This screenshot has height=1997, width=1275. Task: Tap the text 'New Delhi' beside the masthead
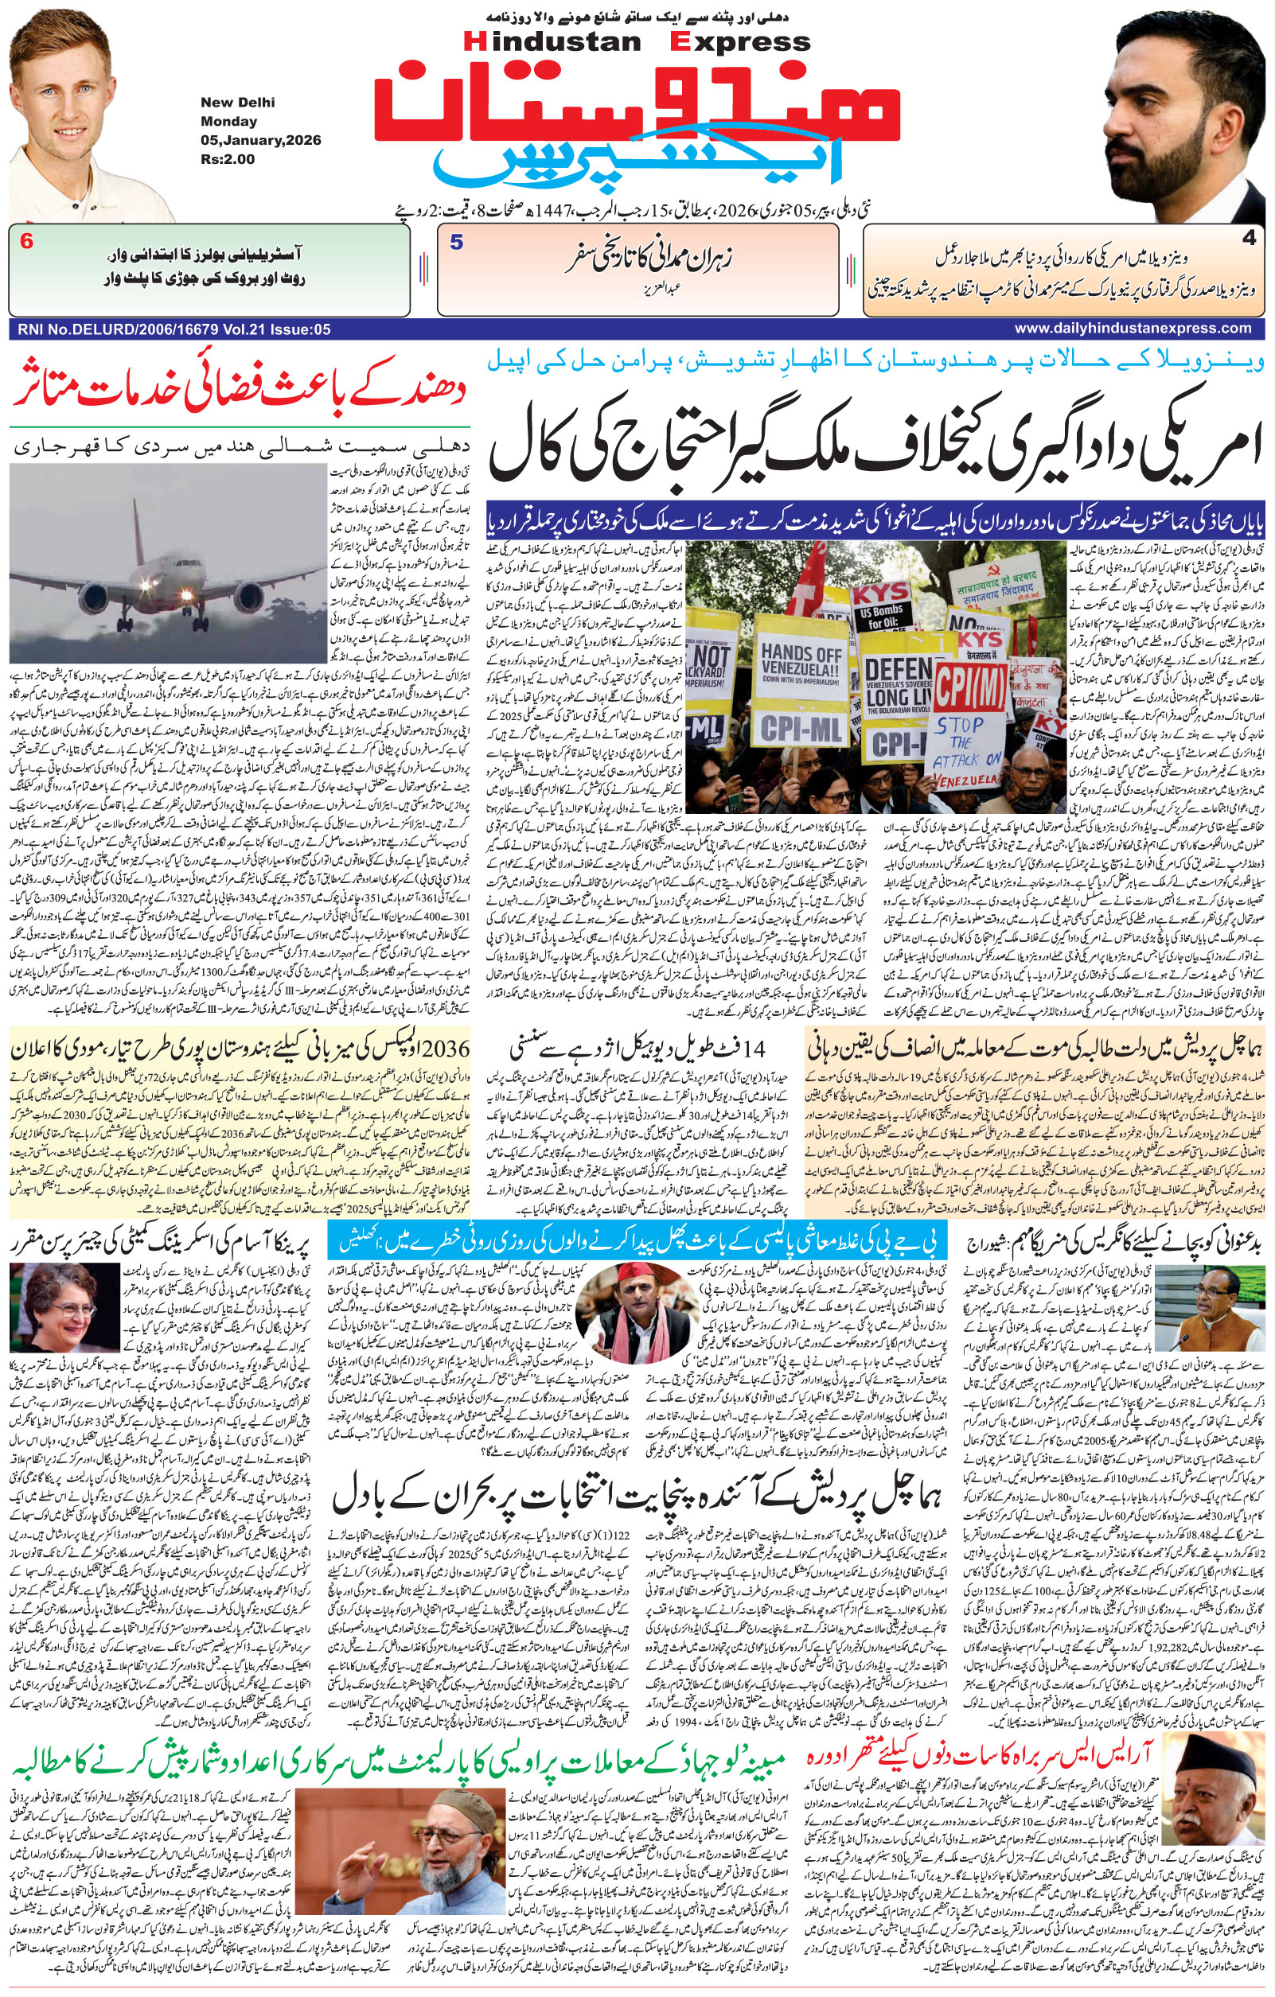(237, 103)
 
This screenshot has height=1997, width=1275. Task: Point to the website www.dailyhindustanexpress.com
(1133, 329)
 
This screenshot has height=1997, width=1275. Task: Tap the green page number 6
(26, 243)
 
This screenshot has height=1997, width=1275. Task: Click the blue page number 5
(456, 243)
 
